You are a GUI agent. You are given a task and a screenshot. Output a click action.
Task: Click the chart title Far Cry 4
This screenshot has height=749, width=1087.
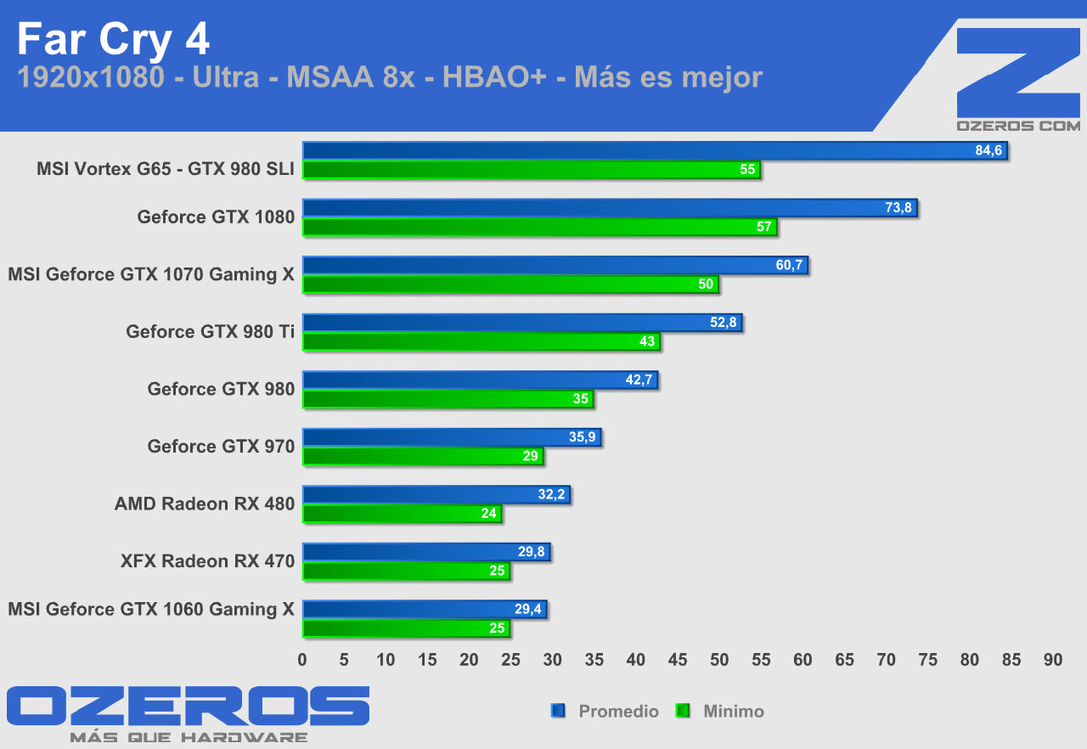pos(113,39)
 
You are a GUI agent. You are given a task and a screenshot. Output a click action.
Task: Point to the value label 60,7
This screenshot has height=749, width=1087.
pos(790,266)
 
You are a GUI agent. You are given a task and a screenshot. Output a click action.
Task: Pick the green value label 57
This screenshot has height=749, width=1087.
pos(764,227)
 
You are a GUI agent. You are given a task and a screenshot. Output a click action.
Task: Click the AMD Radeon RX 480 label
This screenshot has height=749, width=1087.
pos(205,504)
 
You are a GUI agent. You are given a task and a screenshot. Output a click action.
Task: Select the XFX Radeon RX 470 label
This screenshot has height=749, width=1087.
pos(208,560)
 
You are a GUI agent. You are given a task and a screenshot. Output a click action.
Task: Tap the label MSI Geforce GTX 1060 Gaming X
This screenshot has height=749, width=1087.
pos(151,609)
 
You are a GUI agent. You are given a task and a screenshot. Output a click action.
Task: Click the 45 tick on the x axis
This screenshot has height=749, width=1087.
pos(678,660)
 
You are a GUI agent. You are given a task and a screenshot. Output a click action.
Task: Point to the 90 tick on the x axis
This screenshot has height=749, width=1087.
pos(1053,660)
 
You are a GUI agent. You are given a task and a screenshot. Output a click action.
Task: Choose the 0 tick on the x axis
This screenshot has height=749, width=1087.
pos(302,660)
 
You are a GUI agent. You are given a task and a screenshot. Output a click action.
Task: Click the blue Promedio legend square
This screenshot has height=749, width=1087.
pos(558,711)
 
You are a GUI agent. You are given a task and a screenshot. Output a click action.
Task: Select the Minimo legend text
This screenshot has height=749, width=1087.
pos(734,712)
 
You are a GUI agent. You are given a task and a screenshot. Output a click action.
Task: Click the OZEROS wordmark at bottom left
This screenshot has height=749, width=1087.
pos(189,707)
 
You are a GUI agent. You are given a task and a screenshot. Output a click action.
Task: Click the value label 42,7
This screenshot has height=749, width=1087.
pos(639,380)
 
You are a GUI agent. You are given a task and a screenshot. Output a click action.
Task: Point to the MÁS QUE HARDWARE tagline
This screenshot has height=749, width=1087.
pos(189,737)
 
